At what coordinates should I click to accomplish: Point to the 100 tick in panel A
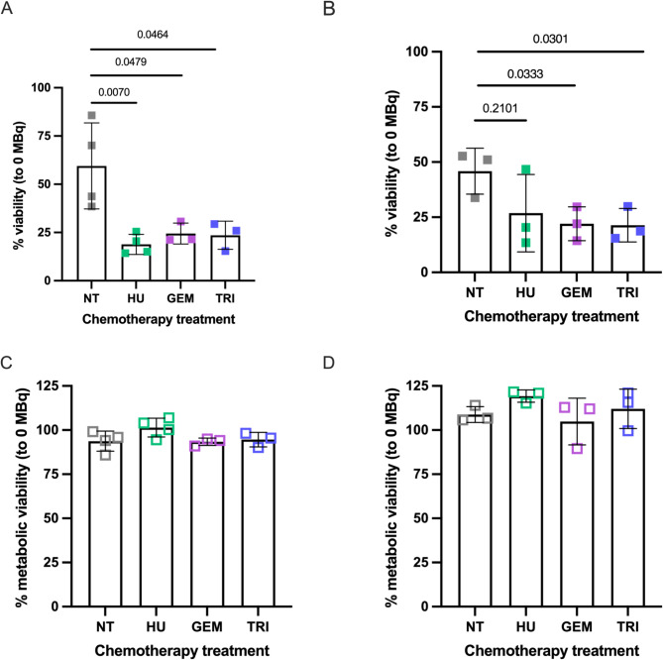[x=68, y=87]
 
